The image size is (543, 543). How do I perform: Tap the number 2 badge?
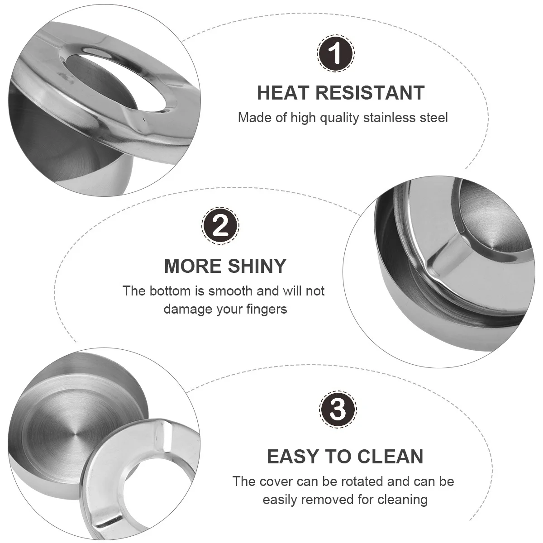[220, 225]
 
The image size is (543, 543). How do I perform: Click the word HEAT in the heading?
[282, 92]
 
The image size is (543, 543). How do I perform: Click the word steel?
[432, 118]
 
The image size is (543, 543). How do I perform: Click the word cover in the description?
[278, 481]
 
